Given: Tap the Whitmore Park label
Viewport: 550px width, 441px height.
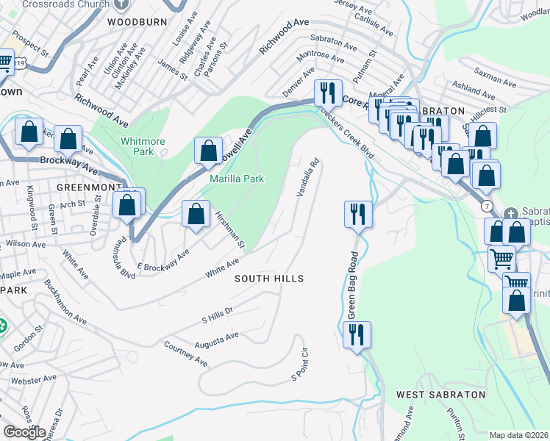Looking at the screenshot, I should (x=143, y=146).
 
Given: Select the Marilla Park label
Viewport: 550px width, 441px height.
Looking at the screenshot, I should (x=237, y=179).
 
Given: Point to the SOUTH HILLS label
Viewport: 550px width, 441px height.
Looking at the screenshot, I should (x=268, y=279).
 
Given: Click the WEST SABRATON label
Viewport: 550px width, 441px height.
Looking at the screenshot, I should (x=440, y=395).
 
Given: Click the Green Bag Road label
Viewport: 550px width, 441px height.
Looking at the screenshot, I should (x=352, y=286).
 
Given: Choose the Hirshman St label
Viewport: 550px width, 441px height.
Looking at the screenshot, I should (x=230, y=227).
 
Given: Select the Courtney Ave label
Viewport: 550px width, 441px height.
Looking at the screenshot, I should (x=185, y=354).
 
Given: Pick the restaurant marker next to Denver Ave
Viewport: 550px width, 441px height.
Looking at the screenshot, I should (x=327, y=93).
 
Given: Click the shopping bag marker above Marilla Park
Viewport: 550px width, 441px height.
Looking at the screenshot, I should (x=208, y=151).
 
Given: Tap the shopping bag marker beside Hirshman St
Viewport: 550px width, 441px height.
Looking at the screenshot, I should (x=196, y=215).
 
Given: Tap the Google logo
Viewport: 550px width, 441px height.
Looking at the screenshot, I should (x=24, y=431).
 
